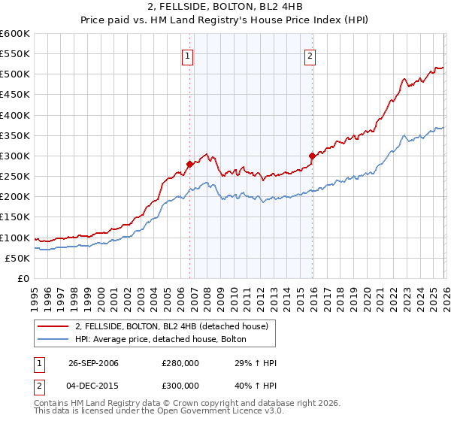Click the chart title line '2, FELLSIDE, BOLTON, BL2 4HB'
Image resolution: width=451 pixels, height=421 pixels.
point(225,8)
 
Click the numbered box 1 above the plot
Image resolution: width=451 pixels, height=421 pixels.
point(187,54)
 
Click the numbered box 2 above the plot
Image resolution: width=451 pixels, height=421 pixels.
point(310,54)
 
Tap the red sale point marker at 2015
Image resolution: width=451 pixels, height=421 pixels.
point(311,156)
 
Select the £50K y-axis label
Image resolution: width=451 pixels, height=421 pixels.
point(17,258)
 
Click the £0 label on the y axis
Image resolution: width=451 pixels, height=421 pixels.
point(23,278)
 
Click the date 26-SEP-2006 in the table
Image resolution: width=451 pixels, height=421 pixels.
point(93,363)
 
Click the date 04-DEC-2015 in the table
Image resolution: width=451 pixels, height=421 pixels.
point(93,386)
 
